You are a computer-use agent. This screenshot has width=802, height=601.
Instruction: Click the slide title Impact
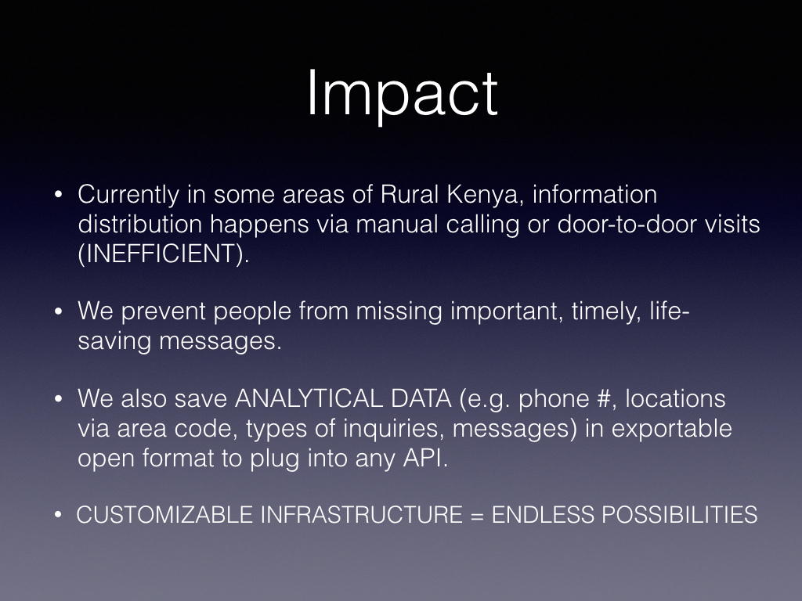(x=402, y=95)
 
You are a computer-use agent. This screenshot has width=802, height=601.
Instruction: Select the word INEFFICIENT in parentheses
(x=163, y=254)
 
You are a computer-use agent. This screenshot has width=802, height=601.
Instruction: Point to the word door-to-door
(x=627, y=224)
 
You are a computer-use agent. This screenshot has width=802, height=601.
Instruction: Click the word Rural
(x=409, y=194)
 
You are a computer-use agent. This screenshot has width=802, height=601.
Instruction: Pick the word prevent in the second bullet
(x=163, y=311)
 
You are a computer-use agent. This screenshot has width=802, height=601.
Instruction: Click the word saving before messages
(x=114, y=341)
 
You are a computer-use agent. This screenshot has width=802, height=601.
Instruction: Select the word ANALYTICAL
(x=309, y=399)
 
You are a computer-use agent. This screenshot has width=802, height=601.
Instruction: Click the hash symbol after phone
(x=604, y=399)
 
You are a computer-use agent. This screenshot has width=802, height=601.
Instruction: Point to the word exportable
(x=671, y=428)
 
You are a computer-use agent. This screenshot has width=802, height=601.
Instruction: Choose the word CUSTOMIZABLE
(x=164, y=515)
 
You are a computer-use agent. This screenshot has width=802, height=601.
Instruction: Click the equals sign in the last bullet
(x=476, y=515)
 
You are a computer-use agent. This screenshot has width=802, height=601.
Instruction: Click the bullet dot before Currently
(x=58, y=195)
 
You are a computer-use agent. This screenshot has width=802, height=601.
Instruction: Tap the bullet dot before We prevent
(x=58, y=311)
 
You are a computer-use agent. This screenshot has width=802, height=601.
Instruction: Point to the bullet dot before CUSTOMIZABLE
(x=58, y=515)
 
